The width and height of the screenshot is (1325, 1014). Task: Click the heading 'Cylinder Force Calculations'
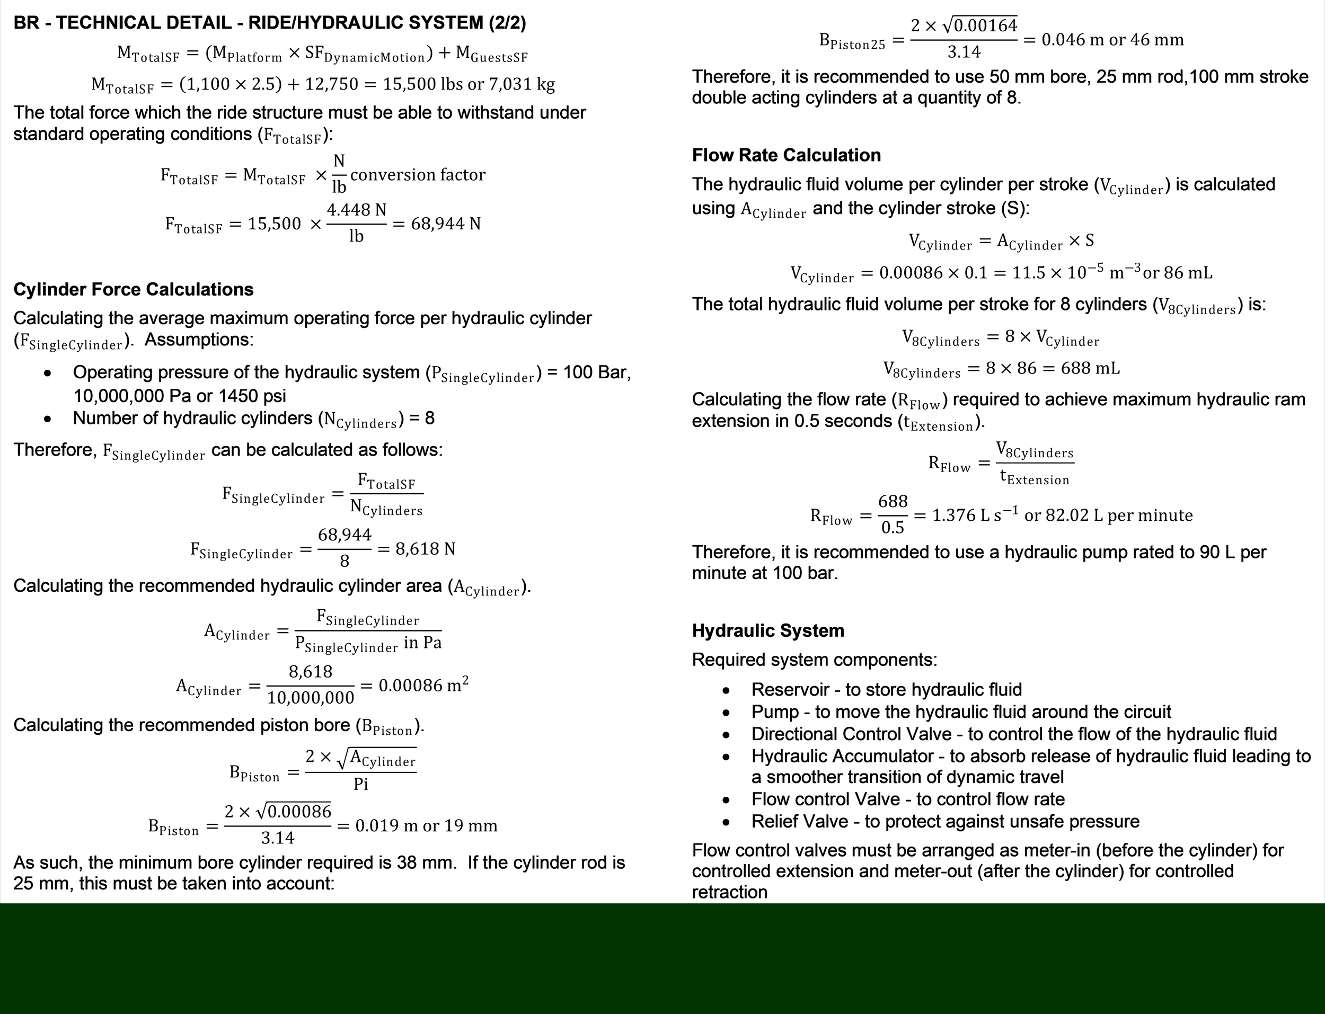pyautogui.click(x=134, y=290)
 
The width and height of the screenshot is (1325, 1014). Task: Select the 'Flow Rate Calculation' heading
pyautogui.click(x=786, y=156)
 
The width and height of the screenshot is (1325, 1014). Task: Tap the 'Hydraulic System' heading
pyautogui.click(x=768, y=631)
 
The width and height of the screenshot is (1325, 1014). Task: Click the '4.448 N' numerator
pyautogui.click(x=356, y=210)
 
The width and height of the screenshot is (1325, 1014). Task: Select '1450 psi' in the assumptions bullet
pyautogui.click(x=252, y=396)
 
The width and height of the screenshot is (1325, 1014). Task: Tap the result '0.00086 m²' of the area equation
pyautogui.click(x=423, y=686)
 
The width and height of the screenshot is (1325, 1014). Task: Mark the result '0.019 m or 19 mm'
pyautogui.click(x=426, y=826)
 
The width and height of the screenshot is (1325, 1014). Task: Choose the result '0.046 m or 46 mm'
pyautogui.click(x=1112, y=40)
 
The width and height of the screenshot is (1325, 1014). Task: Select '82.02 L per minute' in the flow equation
pyautogui.click(x=1108, y=515)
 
